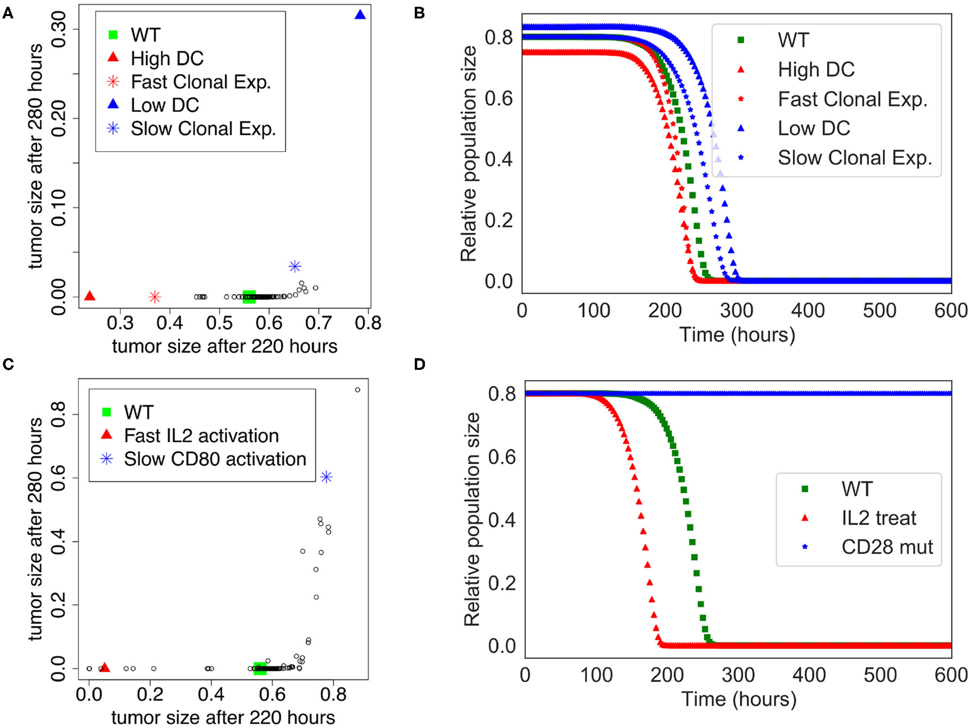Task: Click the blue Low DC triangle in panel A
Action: tap(360, 15)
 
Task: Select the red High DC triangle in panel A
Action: tap(90, 296)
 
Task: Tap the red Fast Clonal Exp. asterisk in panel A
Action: tap(155, 297)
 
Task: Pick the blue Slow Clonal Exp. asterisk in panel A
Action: tap(295, 266)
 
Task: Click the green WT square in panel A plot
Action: tap(249, 297)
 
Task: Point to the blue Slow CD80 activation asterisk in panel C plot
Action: tap(327, 477)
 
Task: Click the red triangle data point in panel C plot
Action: tap(104, 667)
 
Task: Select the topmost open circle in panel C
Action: tap(358, 390)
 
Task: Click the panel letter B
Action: tap(420, 13)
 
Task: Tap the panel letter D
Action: tap(420, 364)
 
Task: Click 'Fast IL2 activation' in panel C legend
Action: tap(202, 436)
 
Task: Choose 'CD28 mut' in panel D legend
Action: tap(887, 547)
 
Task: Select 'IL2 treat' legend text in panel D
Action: tap(879, 518)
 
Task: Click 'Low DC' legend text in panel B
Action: tap(814, 128)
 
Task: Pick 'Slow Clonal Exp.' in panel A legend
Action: tap(203, 129)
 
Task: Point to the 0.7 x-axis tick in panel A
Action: tap(318, 323)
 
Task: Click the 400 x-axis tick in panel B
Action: tap(808, 311)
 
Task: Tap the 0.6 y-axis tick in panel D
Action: tap(502, 457)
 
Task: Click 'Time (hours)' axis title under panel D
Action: tap(738, 699)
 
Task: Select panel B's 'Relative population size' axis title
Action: tap(469, 154)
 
